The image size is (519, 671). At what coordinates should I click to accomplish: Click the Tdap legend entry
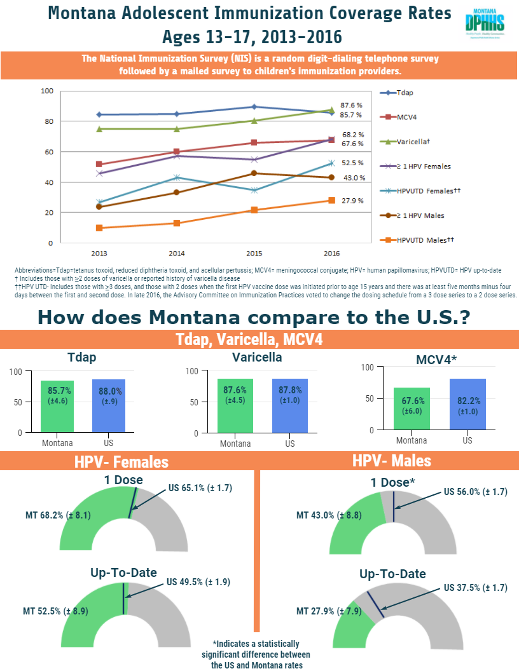coord(405,93)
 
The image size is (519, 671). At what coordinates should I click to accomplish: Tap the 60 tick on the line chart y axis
coord(46,152)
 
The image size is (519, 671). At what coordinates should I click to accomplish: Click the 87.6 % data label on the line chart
coord(351,105)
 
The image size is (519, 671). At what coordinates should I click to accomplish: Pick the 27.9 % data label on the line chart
coord(352,201)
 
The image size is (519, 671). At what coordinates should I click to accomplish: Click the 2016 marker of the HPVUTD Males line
coord(331,200)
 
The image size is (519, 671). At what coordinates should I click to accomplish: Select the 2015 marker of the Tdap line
coord(254,107)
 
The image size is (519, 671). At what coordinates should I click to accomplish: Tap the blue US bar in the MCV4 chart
coord(467,405)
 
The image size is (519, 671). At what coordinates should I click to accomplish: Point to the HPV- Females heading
coord(122,462)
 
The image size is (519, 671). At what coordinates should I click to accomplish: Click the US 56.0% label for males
coord(474,492)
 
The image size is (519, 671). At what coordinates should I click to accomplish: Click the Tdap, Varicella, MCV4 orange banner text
coord(249,339)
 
